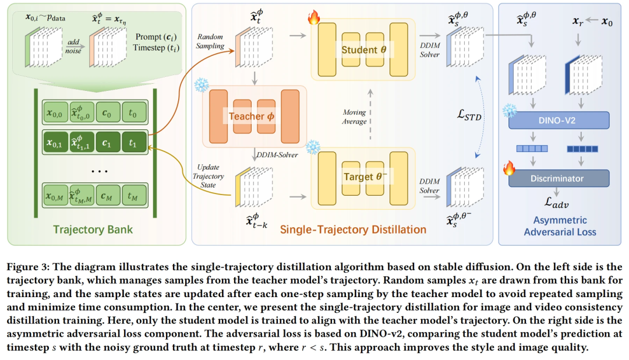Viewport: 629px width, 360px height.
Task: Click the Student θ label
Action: (364, 50)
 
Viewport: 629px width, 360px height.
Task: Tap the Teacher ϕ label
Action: (252, 117)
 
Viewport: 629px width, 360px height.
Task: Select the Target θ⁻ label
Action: (365, 177)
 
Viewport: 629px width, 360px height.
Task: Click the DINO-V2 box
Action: (559, 121)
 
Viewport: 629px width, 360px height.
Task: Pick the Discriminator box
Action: (559, 178)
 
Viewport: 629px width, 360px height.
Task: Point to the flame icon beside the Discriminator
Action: (510, 168)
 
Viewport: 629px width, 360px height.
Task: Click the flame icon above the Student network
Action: (314, 17)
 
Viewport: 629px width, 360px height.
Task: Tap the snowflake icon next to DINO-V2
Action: (510, 110)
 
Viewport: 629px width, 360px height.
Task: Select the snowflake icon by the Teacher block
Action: (202, 85)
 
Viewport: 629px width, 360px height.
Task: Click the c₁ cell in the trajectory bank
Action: (107, 143)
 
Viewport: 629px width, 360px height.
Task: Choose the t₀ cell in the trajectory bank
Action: (133, 113)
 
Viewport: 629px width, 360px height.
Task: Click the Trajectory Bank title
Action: (93, 230)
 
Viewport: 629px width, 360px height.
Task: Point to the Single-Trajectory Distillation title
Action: (353, 230)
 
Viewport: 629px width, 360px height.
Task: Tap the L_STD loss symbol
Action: (469, 115)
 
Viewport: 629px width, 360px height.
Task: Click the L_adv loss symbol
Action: (556, 203)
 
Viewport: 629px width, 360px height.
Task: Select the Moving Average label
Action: (354, 117)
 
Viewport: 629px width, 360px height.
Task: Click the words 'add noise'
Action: (73, 47)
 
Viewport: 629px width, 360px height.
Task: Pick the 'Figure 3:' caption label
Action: (28, 267)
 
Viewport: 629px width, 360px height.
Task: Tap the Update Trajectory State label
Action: (208, 176)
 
